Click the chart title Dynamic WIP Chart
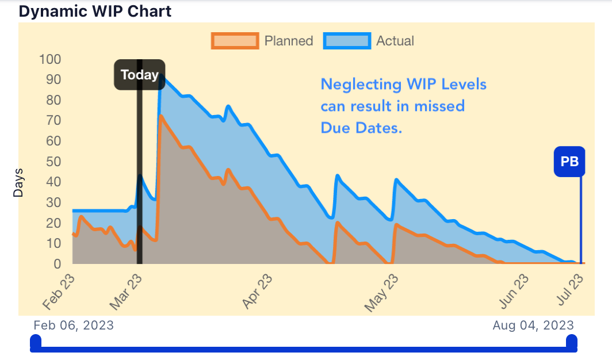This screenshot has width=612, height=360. coord(95,11)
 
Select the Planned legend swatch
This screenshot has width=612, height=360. coord(235,41)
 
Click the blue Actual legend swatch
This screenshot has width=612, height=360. coord(347,41)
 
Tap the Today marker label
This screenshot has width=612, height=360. coord(139,75)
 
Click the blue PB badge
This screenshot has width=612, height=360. coord(569,162)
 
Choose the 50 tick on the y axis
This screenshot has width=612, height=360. coord(53,161)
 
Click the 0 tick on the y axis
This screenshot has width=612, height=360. coord(57,264)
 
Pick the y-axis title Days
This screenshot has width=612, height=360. coord(18,183)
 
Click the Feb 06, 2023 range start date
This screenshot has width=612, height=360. coord(74,325)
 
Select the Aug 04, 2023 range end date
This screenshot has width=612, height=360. coord(533,325)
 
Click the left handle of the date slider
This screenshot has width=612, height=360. coord(36,342)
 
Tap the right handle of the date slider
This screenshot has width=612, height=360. coord(571,342)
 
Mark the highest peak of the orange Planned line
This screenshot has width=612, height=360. coord(160,116)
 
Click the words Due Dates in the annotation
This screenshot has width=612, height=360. coord(361,128)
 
